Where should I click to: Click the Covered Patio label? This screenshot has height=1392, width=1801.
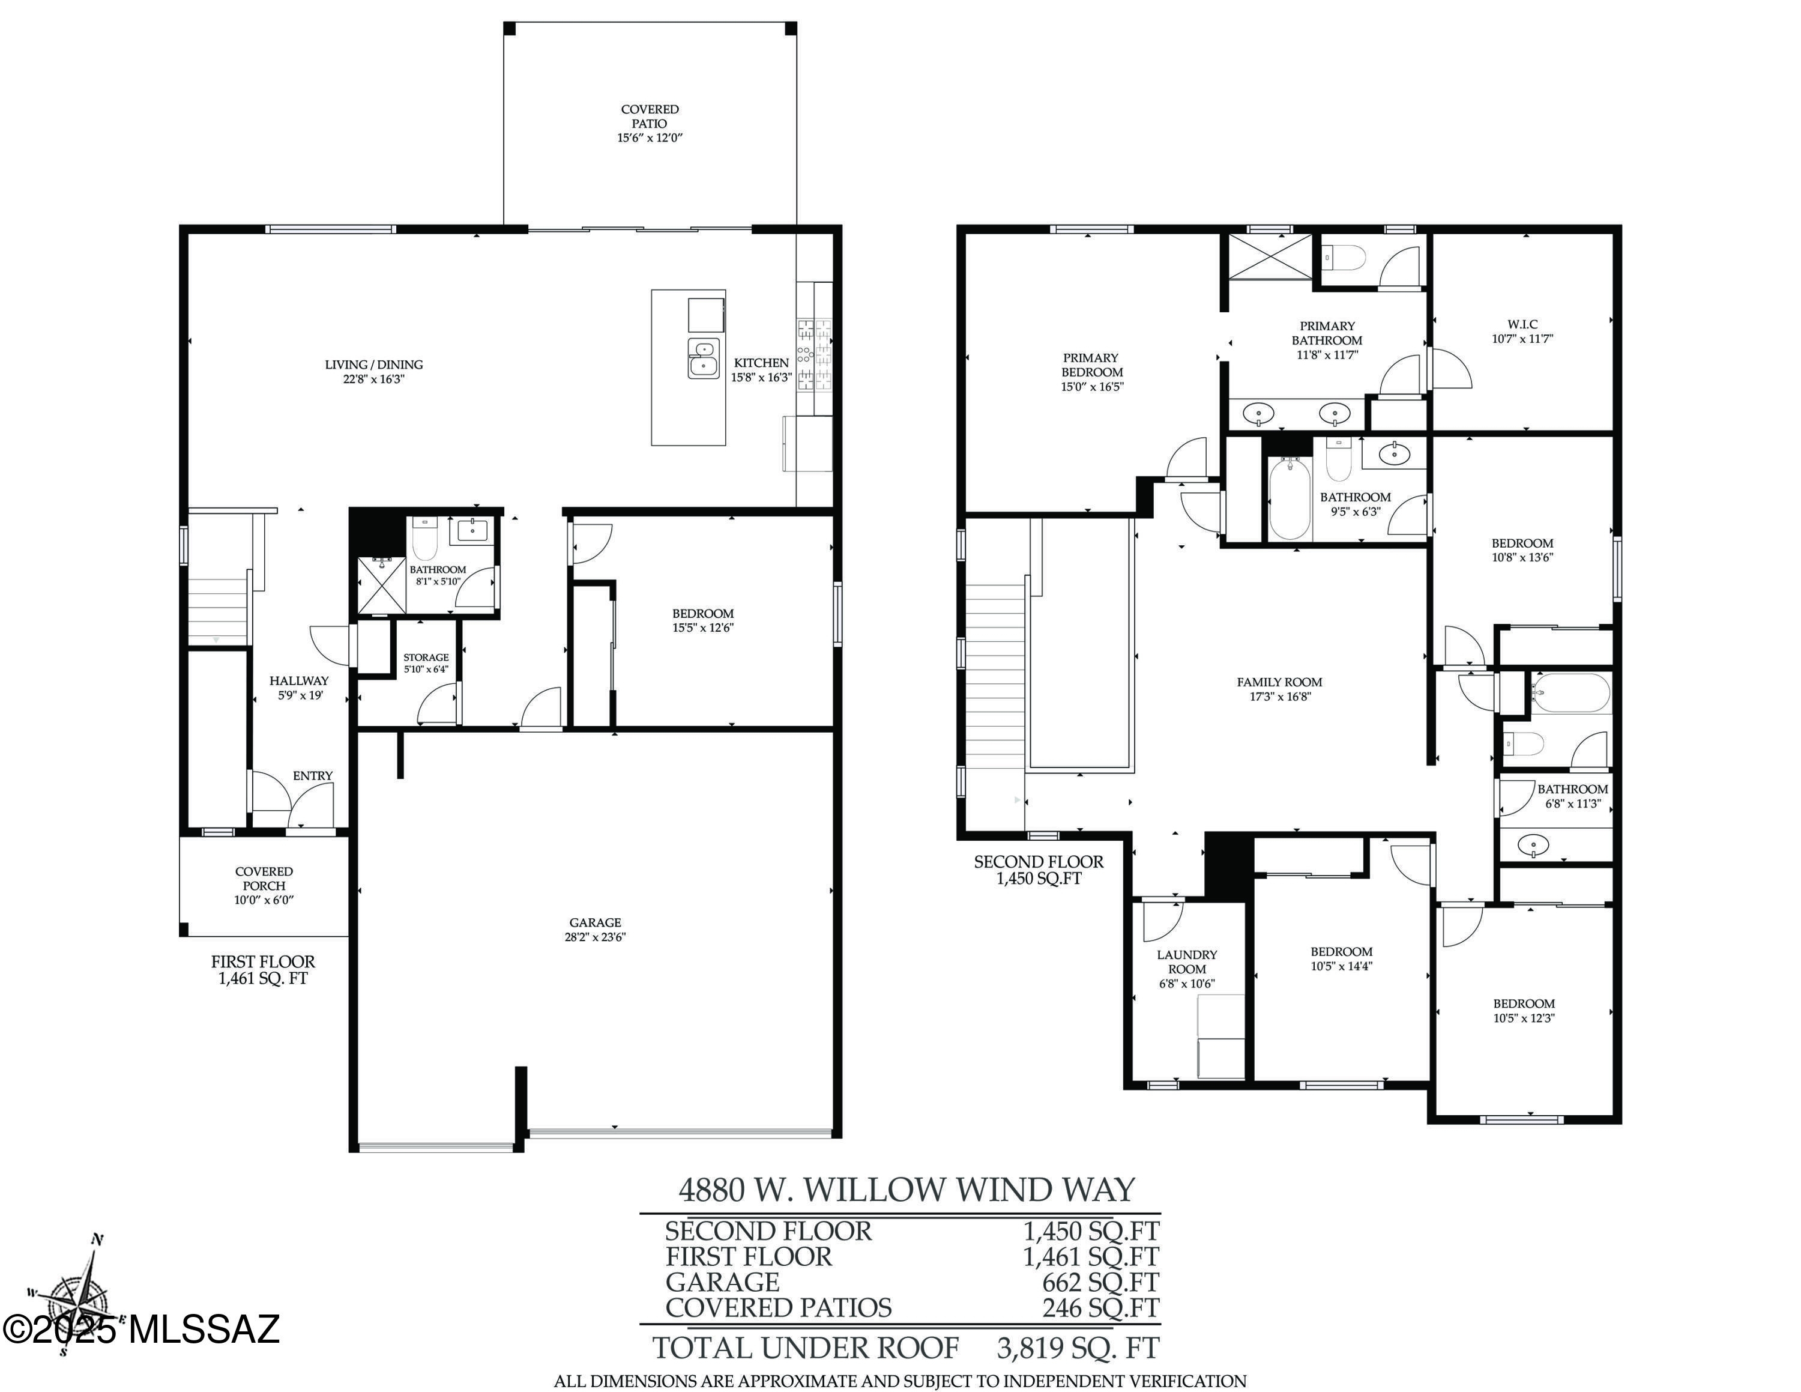click(x=650, y=117)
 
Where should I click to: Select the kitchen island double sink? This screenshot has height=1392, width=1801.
click(x=704, y=359)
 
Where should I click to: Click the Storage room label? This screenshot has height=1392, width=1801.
click(x=426, y=657)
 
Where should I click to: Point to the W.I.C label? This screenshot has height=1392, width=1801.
click(x=1522, y=324)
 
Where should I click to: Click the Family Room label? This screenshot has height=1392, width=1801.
click(x=1279, y=682)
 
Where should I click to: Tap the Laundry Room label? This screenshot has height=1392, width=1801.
click(x=1187, y=961)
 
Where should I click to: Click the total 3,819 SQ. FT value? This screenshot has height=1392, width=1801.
click(x=1078, y=1348)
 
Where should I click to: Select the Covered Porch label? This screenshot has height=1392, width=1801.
click(x=264, y=878)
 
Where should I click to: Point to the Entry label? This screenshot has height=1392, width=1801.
click(x=313, y=776)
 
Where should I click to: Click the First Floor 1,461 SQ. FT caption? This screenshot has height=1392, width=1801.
click(x=262, y=970)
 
